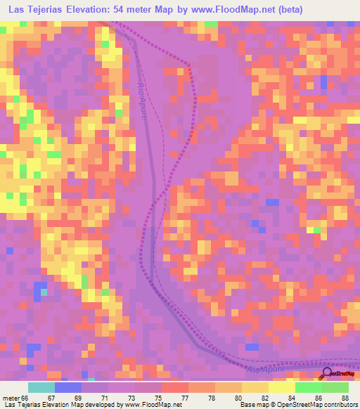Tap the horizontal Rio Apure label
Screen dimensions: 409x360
pyautogui.click(x=266, y=369)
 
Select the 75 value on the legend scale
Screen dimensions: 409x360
pyautogui.click(x=157, y=398)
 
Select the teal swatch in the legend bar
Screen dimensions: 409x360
pyautogui.click(x=41, y=387)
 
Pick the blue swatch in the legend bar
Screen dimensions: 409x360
pyautogui.click(x=68, y=387)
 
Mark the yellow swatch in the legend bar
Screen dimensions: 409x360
pyautogui.click(x=282, y=387)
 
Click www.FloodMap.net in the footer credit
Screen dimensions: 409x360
pyautogui.click(x=150, y=405)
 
